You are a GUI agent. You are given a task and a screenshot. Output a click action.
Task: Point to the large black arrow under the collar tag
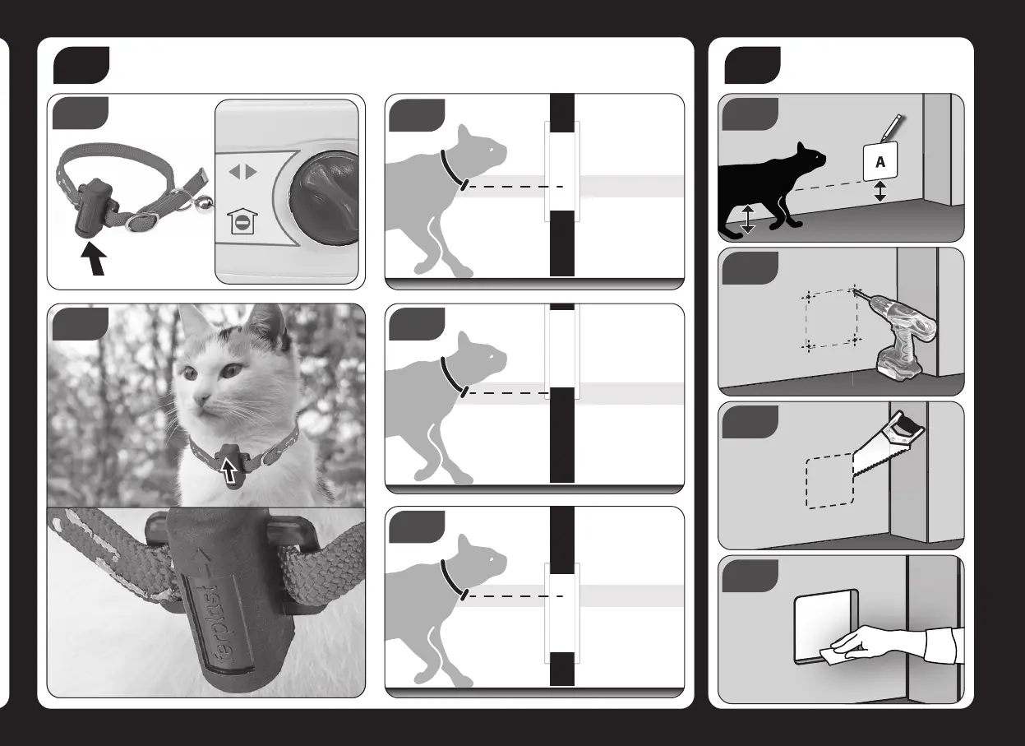pyautogui.click(x=95, y=259)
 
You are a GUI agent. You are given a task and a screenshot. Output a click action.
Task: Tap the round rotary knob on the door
pyautogui.click(x=325, y=197)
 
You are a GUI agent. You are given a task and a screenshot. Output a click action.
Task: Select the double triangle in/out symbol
pyautogui.click(x=242, y=172)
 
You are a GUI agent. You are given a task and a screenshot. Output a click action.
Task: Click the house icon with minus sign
pyautogui.click(x=242, y=221)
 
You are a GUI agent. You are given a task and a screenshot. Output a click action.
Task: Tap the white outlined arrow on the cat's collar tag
pyautogui.click(x=229, y=470)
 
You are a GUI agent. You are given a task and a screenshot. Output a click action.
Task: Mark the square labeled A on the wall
pyautogui.click(x=880, y=161)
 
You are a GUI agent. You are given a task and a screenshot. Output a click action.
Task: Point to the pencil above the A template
pyautogui.click(x=890, y=127)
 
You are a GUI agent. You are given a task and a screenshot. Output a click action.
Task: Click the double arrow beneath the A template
pyautogui.click(x=880, y=191)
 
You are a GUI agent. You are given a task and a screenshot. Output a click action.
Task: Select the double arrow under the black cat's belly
pyautogui.click(x=747, y=219)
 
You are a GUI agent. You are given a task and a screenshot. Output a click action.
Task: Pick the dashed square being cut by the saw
pyautogui.click(x=829, y=480)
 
